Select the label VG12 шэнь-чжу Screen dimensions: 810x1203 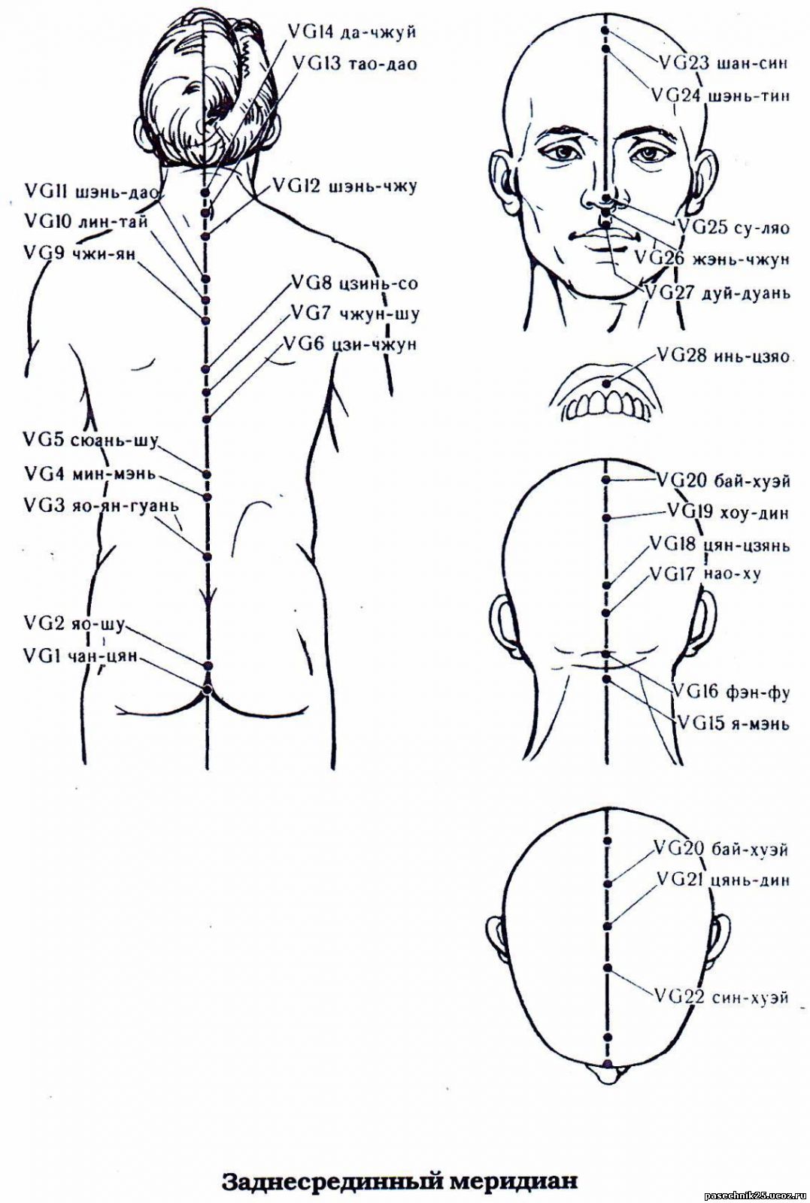tap(345, 187)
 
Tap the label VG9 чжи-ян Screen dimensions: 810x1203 tap(80, 253)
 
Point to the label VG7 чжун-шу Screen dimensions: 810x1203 tap(354, 313)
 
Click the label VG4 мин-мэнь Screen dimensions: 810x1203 tap(90, 474)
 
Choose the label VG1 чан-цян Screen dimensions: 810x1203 tap(80, 656)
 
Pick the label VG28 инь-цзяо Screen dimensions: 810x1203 tap(723, 356)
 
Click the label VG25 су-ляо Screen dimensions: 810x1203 tap(734, 227)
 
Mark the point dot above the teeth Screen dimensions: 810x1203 tap(607, 383)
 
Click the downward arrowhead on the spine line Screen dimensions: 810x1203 tap(207, 596)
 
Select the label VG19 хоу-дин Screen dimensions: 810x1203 tap(728, 511)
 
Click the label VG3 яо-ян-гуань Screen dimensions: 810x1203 tap(102, 505)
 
